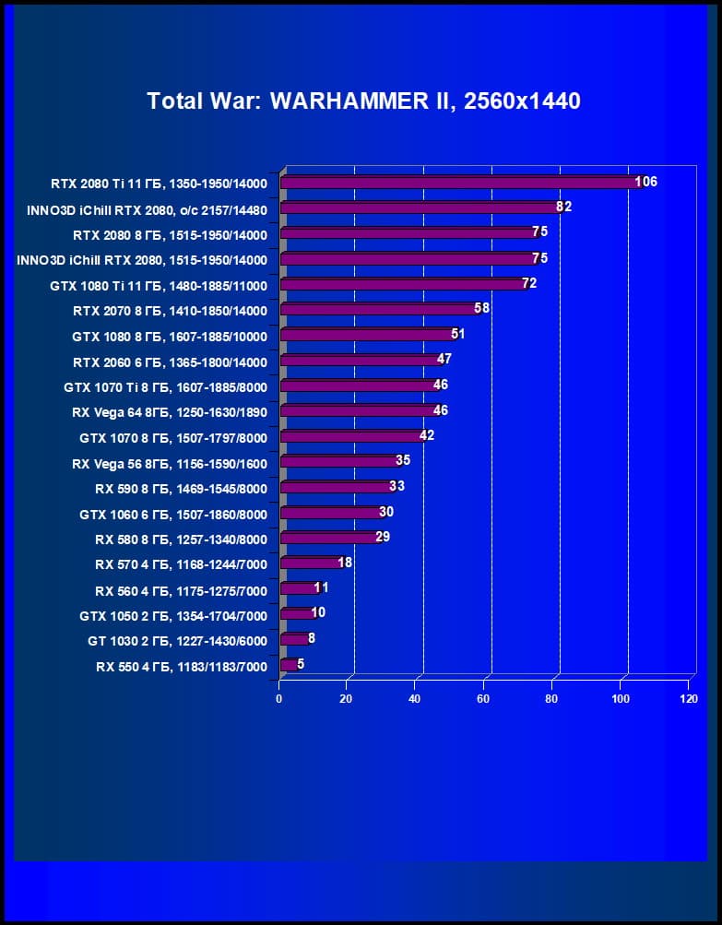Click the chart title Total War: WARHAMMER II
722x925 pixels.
click(x=363, y=101)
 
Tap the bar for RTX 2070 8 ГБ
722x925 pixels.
click(x=378, y=309)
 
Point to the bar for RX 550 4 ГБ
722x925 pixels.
click(x=288, y=664)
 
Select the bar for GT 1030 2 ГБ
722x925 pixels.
click(x=293, y=638)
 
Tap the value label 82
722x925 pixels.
click(x=563, y=207)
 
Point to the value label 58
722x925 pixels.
click(x=481, y=308)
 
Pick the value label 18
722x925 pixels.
click(x=345, y=562)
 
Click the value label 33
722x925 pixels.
click(x=397, y=486)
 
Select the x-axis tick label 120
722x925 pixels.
click(x=689, y=699)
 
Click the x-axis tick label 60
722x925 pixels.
click(x=483, y=699)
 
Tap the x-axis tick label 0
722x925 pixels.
click(x=279, y=699)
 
